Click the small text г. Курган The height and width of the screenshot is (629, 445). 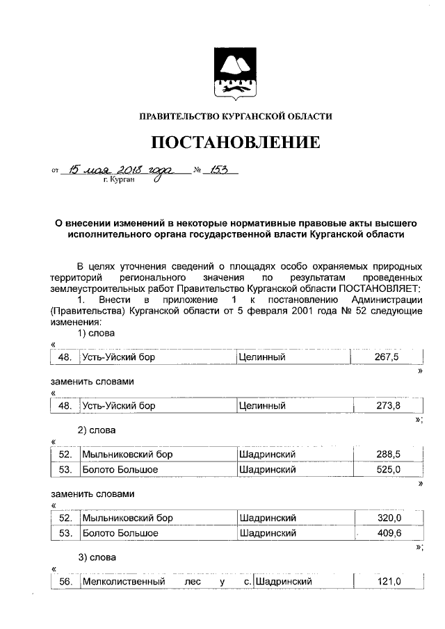pyautogui.click(x=117, y=179)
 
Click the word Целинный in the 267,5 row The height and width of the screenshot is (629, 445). pyautogui.click(x=262, y=357)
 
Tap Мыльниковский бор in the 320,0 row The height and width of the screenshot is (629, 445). pyautogui.click(x=127, y=518)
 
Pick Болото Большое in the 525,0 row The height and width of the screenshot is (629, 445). pyautogui.click(x=120, y=470)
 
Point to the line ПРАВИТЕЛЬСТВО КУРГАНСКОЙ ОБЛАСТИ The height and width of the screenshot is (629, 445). pyautogui.click(x=236, y=116)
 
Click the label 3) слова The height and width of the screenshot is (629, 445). pyautogui.click(x=96, y=557)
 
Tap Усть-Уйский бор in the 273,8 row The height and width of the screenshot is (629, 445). pyautogui.click(x=118, y=406)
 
